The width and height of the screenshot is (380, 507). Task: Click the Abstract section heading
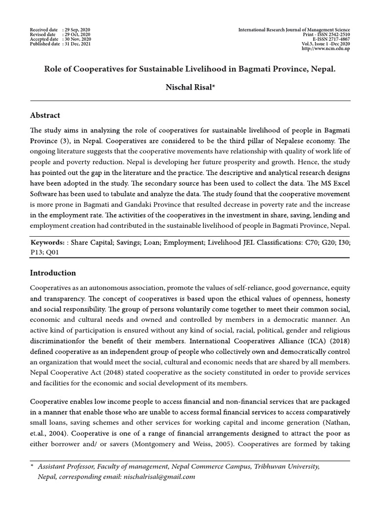[x=45, y=115]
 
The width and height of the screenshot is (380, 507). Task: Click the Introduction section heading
[x=53, y=273]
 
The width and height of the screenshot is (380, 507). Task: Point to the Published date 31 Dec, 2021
[x=77, y=44]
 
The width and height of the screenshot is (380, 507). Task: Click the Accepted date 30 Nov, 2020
[x=77, y=40]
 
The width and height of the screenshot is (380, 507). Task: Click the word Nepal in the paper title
[x=323, y=68]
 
